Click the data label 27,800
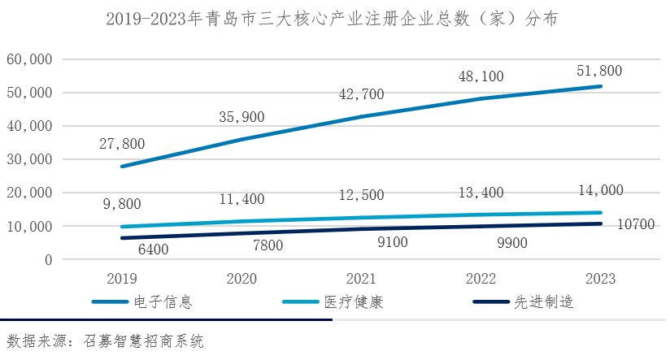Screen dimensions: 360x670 tap(121, 144)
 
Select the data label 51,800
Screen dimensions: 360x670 tap(600, 71)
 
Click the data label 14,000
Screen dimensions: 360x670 tap(600, 191)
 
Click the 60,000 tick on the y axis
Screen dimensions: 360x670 tap(30, 59)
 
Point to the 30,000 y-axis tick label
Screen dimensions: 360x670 tap(30, 159)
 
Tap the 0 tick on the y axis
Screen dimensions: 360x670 tap(48, 260)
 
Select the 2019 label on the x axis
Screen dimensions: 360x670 tap(121, 278)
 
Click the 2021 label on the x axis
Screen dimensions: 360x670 tap(362, 278)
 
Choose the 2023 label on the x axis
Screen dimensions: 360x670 tap(600, 278)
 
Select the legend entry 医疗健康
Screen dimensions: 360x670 tap(354, 303)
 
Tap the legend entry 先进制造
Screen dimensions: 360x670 tap(544, 303)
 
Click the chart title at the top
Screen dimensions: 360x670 tap(333, 19)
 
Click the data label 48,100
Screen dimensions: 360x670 tap(481, 76)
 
